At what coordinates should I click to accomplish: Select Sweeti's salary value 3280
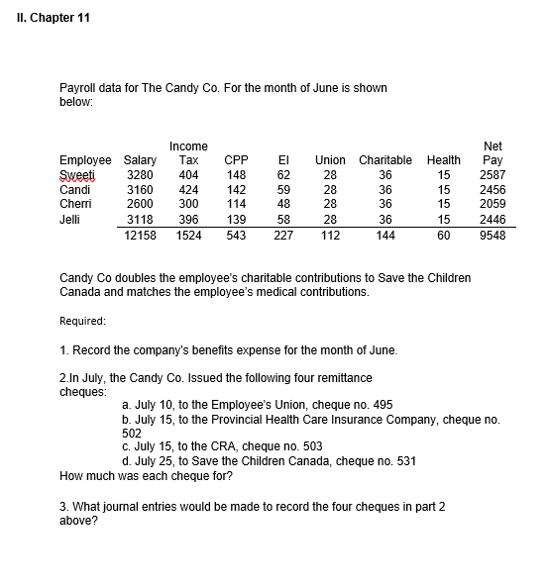tap(140, 174)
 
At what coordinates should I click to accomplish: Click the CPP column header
tap(236, 159)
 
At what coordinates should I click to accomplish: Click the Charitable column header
tap(385, 159)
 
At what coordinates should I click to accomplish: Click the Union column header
tap(330, 159)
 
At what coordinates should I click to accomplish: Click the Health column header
tap(443, 159)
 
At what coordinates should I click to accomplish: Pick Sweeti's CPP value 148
tap(236, 174)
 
